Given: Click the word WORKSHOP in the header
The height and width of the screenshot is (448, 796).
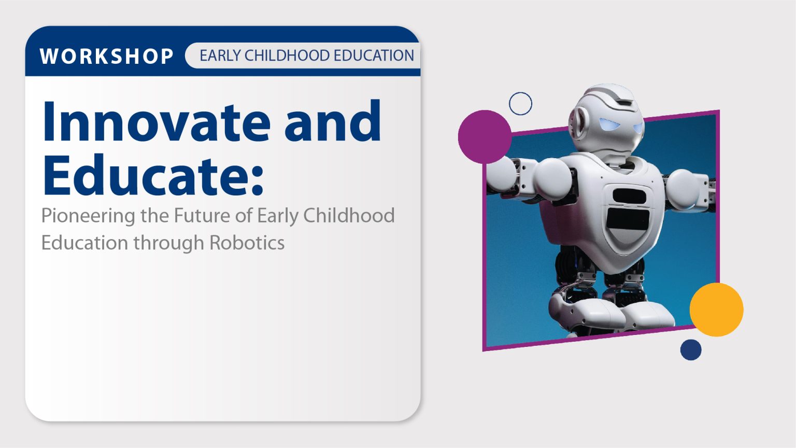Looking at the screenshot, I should pos(106,56).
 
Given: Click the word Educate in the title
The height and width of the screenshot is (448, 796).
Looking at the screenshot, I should pos(145,175).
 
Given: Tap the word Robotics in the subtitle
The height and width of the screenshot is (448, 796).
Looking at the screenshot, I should pos(247,243).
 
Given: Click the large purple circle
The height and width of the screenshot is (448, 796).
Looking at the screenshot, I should pos(485,136).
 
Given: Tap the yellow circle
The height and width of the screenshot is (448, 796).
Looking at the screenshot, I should pos(716,310).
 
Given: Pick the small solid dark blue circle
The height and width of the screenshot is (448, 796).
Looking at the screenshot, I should pos(691,349).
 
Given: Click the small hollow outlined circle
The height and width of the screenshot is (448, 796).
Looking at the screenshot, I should pos(520,104).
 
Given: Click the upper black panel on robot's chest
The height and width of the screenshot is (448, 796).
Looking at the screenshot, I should pos(629,197).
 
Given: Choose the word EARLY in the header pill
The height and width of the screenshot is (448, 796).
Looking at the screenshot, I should pos(220,55).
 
